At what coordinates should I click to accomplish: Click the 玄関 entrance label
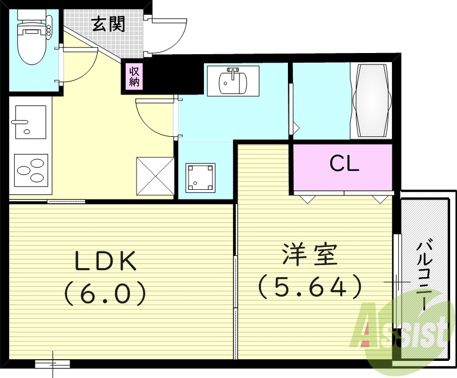click(x=109, y=25)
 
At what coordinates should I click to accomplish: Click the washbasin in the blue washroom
click(x=232, y=80)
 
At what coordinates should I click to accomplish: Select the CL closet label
click(x=343, y=164)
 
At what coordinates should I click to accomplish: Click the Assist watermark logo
click(x=403, y=331)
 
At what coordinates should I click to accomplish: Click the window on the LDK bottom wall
click(x=53, y=363)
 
